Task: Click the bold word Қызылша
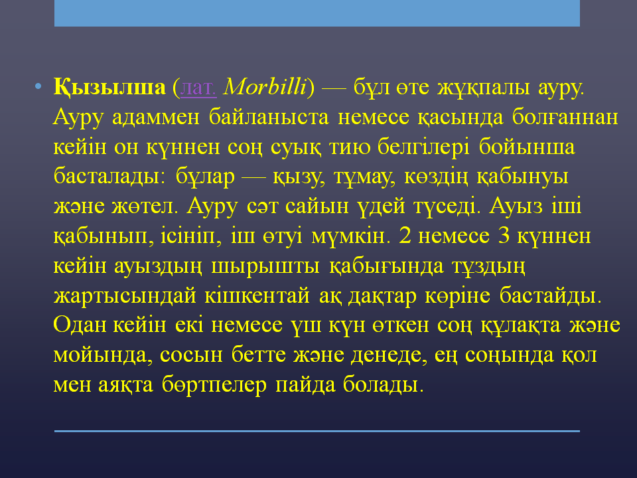[109, 88]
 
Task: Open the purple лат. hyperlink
[198, 88]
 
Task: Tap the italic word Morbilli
[265, 86]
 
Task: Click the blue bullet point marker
[38, 86]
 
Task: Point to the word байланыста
[269, 117]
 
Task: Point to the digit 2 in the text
[405, 236]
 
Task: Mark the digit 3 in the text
[504, 236]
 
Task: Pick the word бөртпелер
[214, 385]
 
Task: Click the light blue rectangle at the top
[317, 13]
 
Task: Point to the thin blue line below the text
[317, 431]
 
